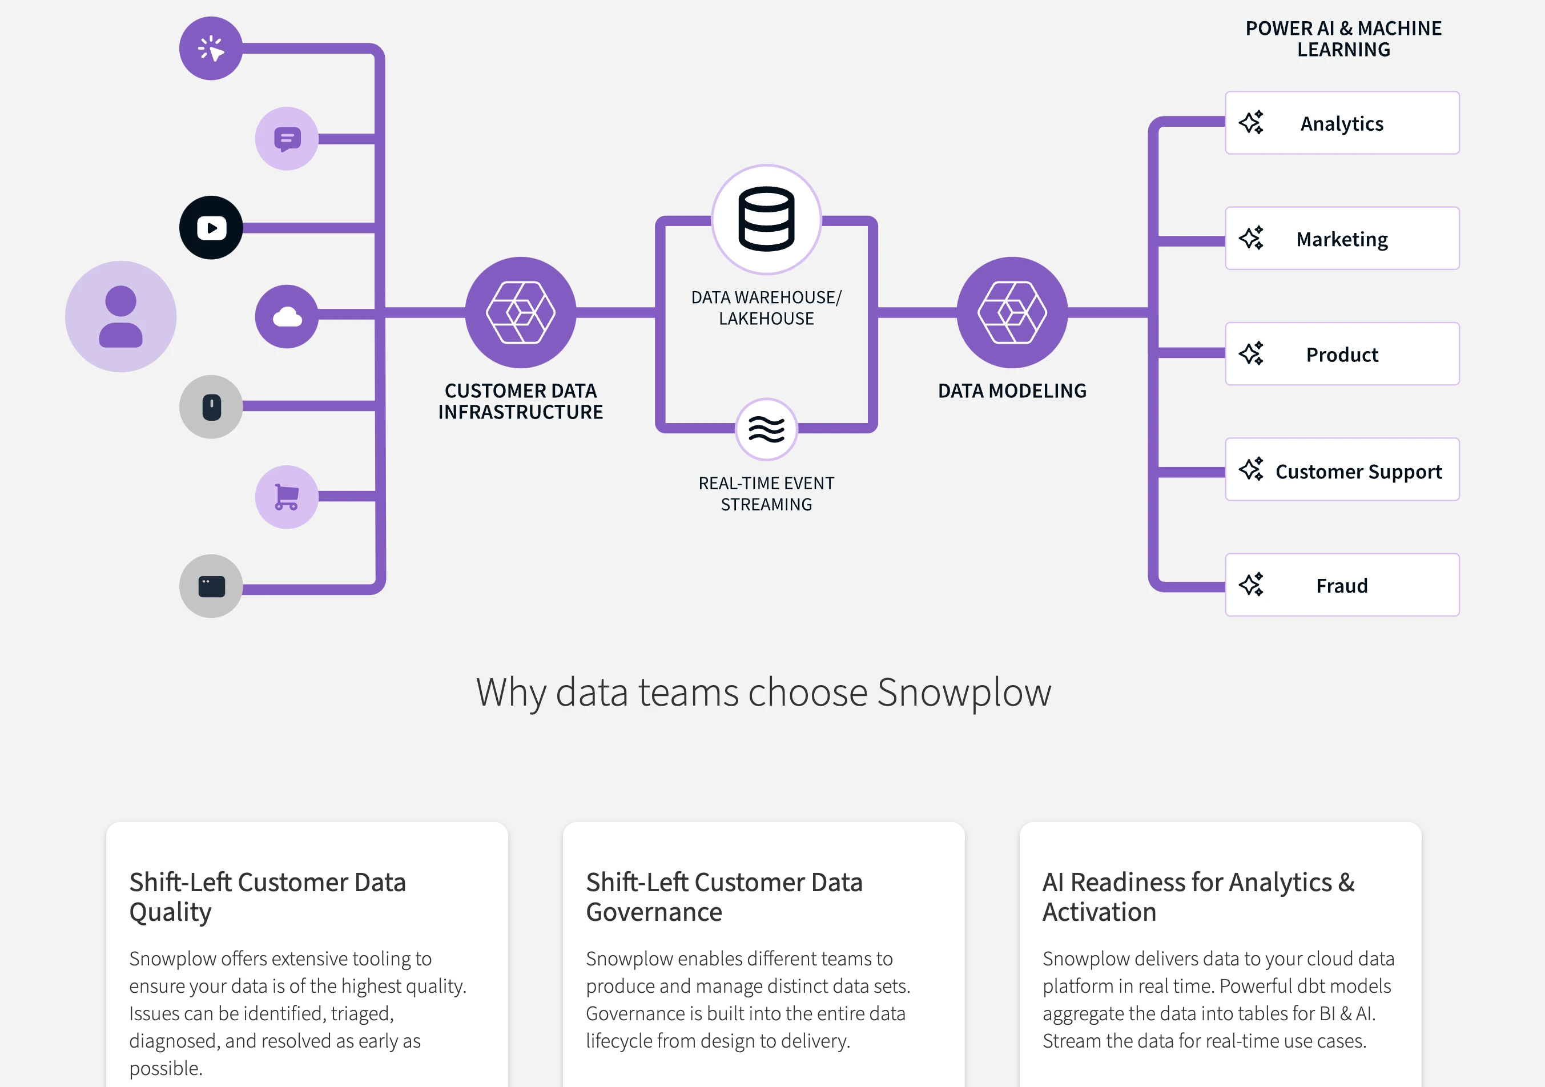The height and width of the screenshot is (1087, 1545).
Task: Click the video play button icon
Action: click(x=211, y=227)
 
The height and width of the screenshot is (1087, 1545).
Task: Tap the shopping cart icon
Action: click(x=287, y=497)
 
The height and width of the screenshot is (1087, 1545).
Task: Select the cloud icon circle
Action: click(x=287, y=316)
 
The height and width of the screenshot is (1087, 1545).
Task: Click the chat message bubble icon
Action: click(x=287, y=139)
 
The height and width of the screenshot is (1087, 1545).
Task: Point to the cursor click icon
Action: click(x=211, y=49)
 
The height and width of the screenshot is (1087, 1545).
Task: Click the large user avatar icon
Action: click(x=120, y=316)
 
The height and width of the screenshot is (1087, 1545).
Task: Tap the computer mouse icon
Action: click(x=211, y=407)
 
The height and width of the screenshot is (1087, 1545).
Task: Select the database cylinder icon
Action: click(x=766, y=219)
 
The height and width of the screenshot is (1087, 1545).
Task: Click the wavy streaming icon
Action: click(x=766, y=429)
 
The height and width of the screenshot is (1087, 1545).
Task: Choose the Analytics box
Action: click(x=1342, y=123)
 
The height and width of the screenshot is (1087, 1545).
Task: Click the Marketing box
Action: click(x=1342, y=239)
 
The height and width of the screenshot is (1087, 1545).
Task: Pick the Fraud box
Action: click(x=1342, y=585)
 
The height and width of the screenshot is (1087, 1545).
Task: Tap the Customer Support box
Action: click(x=1342, y=470)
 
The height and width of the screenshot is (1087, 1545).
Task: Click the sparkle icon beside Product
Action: click(x=1251, y=354)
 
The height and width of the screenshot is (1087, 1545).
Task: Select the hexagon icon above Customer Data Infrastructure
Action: click(x=520, y=312)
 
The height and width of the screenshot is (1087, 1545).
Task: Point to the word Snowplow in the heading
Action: click(x=964, y=692)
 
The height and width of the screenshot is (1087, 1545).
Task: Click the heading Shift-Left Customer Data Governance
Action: click(x=724, y=897)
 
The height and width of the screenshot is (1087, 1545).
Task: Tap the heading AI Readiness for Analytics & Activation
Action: click(x=1198, y=897)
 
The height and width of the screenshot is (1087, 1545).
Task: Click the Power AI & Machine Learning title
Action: click(x=1343, y=39)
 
